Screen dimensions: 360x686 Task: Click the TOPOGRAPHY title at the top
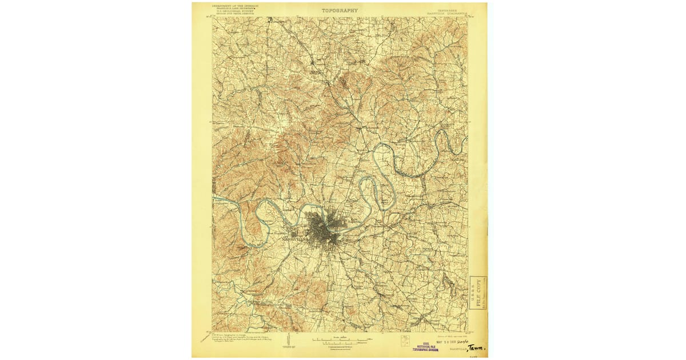pos(340,10)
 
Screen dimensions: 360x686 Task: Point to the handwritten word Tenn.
pos(476,347)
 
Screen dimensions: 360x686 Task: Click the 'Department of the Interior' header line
pos(235,5)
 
